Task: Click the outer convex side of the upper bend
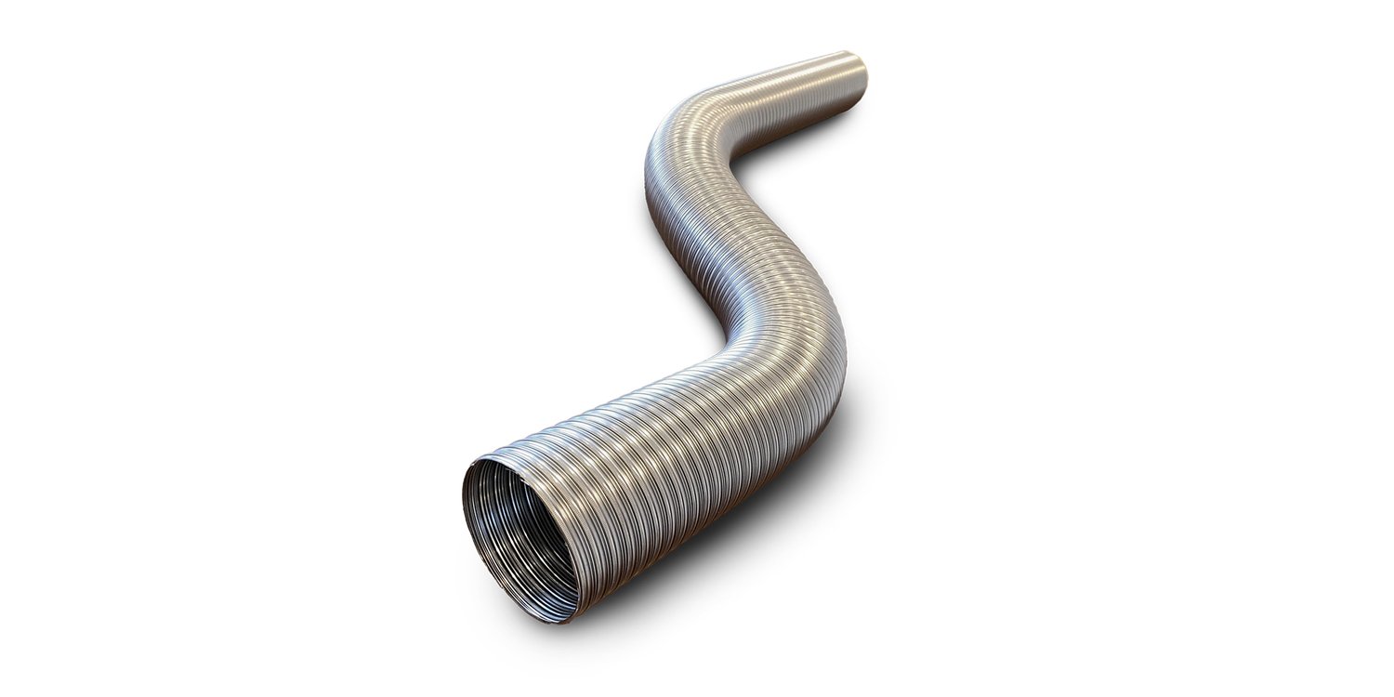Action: coord(655,139)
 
